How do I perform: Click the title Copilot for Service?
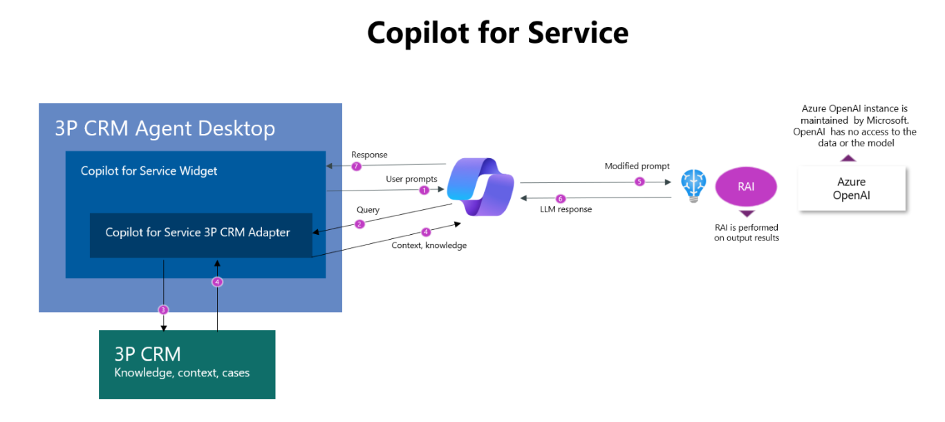[497, 32]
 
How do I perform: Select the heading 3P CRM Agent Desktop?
[165, 128]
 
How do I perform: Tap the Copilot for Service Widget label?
[149, 171]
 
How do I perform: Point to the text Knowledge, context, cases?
[182, 373]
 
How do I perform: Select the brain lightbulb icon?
[693, 185]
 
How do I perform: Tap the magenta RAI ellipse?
[746, 187]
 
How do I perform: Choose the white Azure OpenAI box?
[851, 188]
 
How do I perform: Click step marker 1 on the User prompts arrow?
[424, 190]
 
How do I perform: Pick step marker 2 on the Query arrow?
[359, 224]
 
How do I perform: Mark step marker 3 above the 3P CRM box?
[163, 310]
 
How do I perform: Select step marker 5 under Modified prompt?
[639, 182]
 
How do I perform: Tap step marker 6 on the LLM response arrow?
[561, 199]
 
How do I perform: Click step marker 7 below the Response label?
[356, 166]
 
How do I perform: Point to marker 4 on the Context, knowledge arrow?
[426, 233]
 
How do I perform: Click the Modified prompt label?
[637, 166]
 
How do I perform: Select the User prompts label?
[411, 179]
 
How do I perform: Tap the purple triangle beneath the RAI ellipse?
[747, 213]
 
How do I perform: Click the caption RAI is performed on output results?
[747, 233]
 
